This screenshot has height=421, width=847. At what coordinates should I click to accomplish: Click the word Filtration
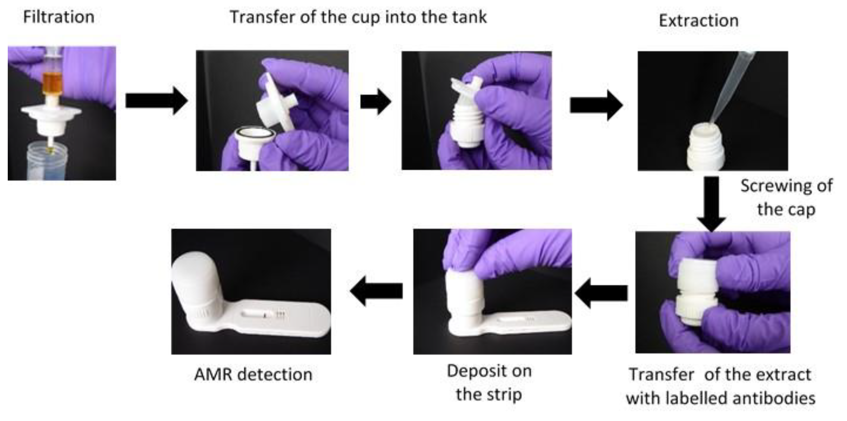point(59,17)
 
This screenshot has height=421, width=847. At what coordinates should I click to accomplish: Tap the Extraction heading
point(699,21)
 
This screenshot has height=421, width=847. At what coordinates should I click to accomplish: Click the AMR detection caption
point(253,374)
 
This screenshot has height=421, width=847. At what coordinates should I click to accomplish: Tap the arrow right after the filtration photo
point(156,101)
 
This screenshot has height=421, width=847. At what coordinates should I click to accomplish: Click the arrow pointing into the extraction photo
point(596,105)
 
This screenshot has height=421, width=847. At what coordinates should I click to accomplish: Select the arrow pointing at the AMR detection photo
point(376,291)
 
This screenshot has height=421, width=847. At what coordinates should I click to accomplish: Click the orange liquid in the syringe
point(52,84)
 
